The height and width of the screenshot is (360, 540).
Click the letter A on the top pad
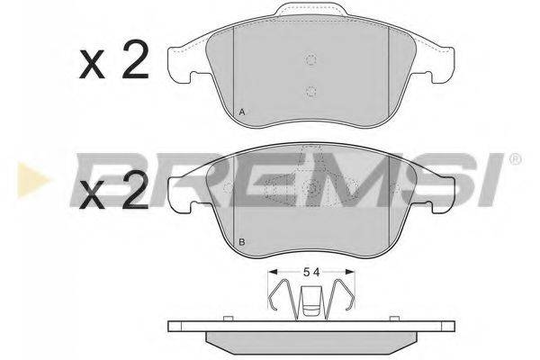[242, 112]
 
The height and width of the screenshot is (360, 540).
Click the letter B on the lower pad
[242, 242]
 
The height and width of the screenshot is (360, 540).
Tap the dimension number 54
[311, 272]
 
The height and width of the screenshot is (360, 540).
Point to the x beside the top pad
[92, 66]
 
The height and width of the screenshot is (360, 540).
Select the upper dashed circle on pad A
[311, 60]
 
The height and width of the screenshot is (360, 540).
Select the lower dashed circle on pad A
[311, 91]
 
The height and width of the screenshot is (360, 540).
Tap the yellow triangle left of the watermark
[34, 179]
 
